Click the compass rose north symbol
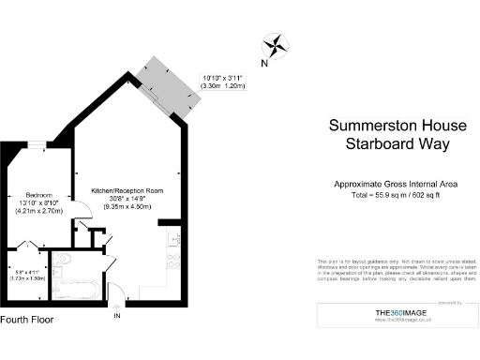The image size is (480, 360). click(x=277, y=43)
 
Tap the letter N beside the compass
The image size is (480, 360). click(x=264, y=64)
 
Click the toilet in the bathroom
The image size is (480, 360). click(x=64, y=260)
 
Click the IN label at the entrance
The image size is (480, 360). click(x=117, y=316)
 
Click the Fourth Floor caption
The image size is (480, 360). click(x=27, y=320)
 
